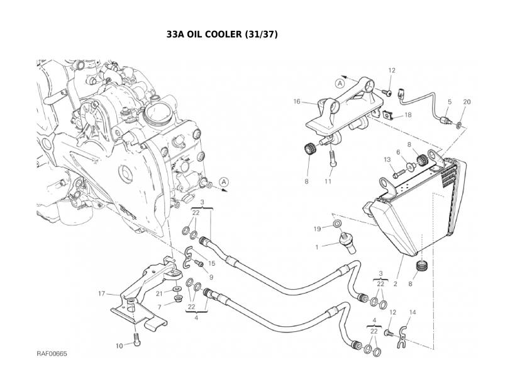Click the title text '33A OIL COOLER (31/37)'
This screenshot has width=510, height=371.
tap(221, 35)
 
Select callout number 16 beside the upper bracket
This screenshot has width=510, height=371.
tap(297, 101)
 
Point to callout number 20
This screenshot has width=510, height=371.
tap(466, 101)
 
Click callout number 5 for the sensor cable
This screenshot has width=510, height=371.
tap(449, 101)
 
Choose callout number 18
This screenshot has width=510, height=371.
tap(407, 115)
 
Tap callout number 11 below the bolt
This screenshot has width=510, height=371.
tap(328, 182)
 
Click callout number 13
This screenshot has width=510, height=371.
tap(387, 160)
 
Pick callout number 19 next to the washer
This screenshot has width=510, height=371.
tap(318, 228)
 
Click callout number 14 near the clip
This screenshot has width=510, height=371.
tap(413, 312)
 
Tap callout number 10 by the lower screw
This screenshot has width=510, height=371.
tap(119, 345)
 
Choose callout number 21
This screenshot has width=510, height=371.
tap(160, 294)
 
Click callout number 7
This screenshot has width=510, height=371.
tap(160, 307)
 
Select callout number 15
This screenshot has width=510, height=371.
tap(212, 263)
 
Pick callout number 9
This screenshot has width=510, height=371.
tap(211, 277)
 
